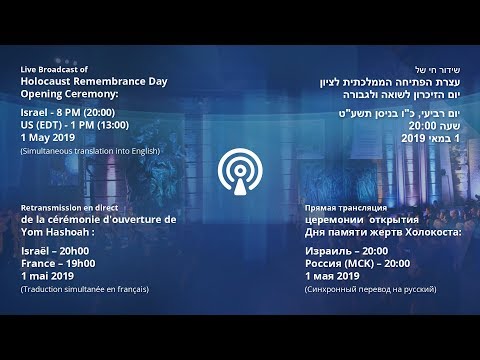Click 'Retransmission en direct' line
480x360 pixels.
pyautogui.click(x=67, y=206)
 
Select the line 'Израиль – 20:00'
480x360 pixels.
pyautogui.click(x=347, y=250)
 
